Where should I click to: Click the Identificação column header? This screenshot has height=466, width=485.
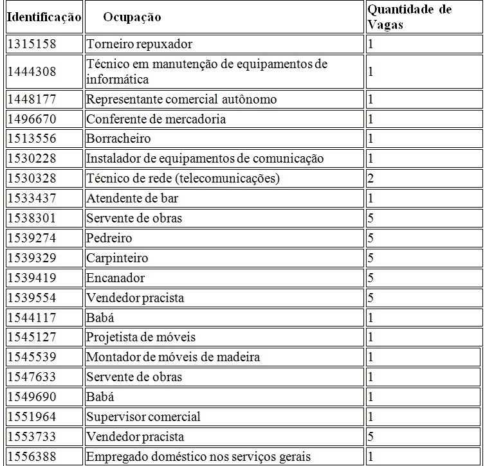click(x=44, y=17)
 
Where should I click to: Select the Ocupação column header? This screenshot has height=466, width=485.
click(x=132, y=17)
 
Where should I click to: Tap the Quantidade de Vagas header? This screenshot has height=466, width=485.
click(x=409, y=17)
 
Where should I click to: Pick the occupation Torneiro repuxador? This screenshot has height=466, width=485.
click(x=140, y=44)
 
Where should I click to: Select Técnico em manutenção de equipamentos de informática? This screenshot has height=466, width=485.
click(x=206, y=71)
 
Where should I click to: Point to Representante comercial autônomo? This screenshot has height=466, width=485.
click(x=181, y=99)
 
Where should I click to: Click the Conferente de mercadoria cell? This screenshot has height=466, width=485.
click(x=156, y=119)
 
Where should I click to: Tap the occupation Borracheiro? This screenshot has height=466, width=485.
click(x=118, y=139)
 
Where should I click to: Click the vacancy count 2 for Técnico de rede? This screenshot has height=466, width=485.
click(x=371, y=178)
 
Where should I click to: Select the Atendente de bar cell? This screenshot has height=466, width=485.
click(x=133, y=198)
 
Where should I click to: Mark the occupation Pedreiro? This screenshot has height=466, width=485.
click(x=109, y=238)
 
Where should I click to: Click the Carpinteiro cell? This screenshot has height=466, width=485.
click(x=117, y=258)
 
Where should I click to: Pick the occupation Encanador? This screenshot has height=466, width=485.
click(x=116, y=278)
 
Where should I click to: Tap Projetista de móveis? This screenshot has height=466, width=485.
click(x=141, y=337)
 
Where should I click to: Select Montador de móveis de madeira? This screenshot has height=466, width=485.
click(x=173, y=357)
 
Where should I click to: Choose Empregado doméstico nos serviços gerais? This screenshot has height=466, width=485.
click(x=199, y=456)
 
